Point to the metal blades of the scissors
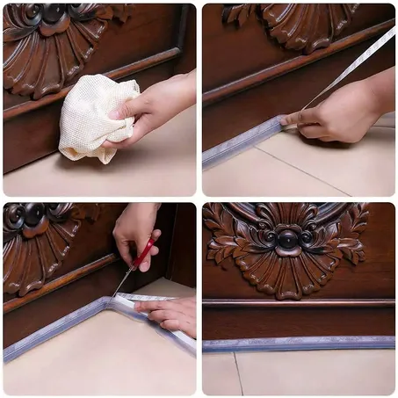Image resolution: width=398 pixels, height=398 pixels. click(x=125, y=280)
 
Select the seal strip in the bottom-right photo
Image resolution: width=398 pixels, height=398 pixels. click(x=298, y=344)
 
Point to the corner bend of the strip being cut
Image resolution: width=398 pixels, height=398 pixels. click(x=109, y=302)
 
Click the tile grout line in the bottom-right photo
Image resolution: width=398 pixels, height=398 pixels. click(x=238, y=373)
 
